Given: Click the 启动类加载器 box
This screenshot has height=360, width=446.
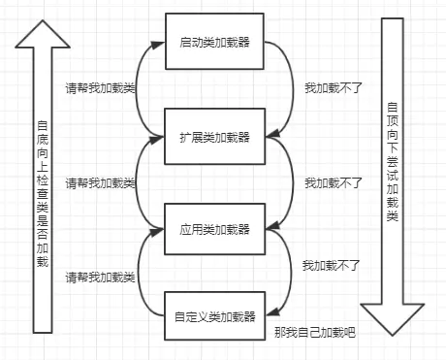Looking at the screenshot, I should pyautogui.click(x=213, y=42).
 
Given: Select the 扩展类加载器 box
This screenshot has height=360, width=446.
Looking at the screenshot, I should pyautogui.click(x=213, y=135).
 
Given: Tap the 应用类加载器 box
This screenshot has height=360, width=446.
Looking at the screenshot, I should pyautogui.click(x=213, y=229).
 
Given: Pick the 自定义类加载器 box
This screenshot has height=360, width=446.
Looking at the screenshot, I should pyautogui.click(x=213, y=316).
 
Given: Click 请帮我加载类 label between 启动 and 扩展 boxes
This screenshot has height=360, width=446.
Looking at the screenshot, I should pyautogui.click(x=100, y=87).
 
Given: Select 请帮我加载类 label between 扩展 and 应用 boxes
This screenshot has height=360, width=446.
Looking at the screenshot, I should pyautogui.click(x=100, y=182).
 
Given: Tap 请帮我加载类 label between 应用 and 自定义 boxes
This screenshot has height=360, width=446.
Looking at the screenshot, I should pyautogui.click(x=100, y=278).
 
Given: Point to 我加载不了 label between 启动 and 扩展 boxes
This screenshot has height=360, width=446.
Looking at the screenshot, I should pyautogui.click(x=334, y=87).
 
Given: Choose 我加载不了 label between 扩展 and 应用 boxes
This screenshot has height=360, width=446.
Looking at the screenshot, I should pyautogui.click(x=334, y=182).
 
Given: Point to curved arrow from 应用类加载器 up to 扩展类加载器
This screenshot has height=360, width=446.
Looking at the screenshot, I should pyautogui.click(x=139, y=182).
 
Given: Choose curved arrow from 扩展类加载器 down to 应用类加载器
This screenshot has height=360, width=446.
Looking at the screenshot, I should pyautogui.click(x=288, y=182).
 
